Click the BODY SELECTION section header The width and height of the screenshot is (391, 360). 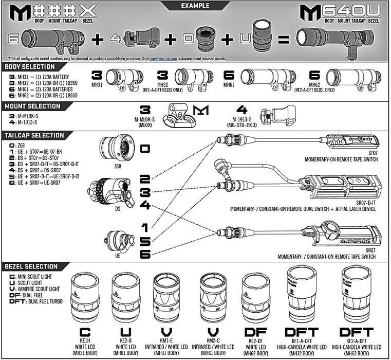click(x=29, y=67)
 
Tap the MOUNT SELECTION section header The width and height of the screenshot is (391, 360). click(x=30, y=106)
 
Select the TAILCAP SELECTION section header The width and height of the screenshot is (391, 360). click(x=33, y=135)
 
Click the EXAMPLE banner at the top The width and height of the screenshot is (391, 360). click(x=195, y=6)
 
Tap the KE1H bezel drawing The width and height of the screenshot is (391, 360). click(x=85, y=296)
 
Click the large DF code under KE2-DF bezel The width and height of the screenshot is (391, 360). click(x=255, y=332)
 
